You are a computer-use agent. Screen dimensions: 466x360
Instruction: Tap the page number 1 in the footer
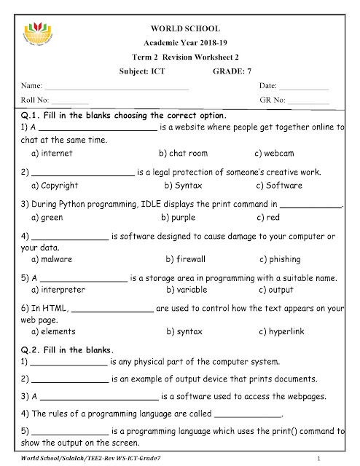coord(319,457)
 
